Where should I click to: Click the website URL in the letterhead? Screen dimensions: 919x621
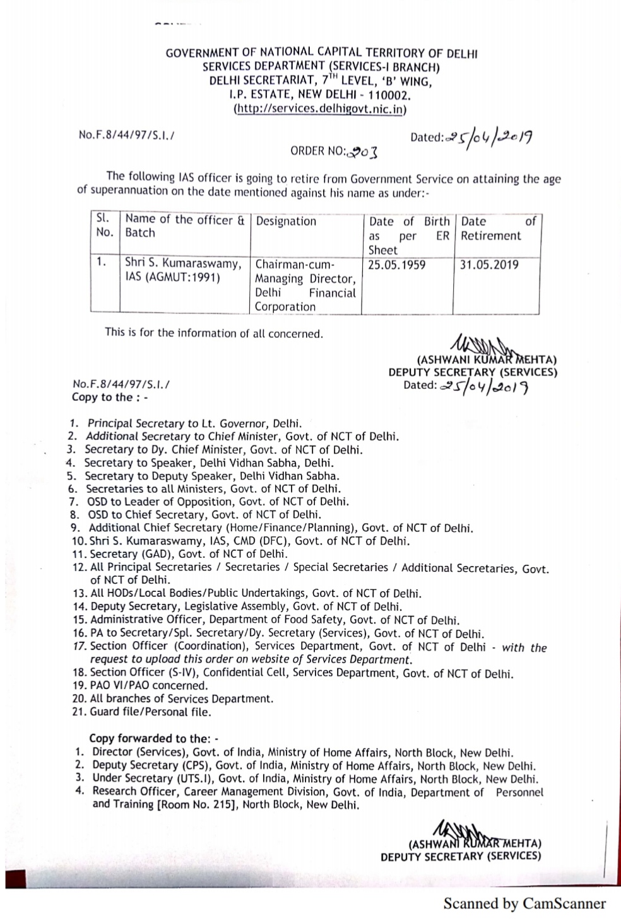coord(321,109)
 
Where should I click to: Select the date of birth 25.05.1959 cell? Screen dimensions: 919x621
coord(397,265)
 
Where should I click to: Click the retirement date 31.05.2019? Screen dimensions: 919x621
coord(489,265)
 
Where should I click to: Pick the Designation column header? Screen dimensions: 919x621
coord(286,221)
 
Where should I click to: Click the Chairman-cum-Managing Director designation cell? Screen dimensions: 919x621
coord(305,286)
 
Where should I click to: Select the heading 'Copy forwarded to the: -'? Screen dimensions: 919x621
coord(153,738)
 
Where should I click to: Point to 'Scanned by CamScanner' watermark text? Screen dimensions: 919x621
coord(524,903)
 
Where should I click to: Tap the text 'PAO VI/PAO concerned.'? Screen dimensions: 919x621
coord(149,685)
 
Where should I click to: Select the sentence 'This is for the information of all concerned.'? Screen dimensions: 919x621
coord(214,333)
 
